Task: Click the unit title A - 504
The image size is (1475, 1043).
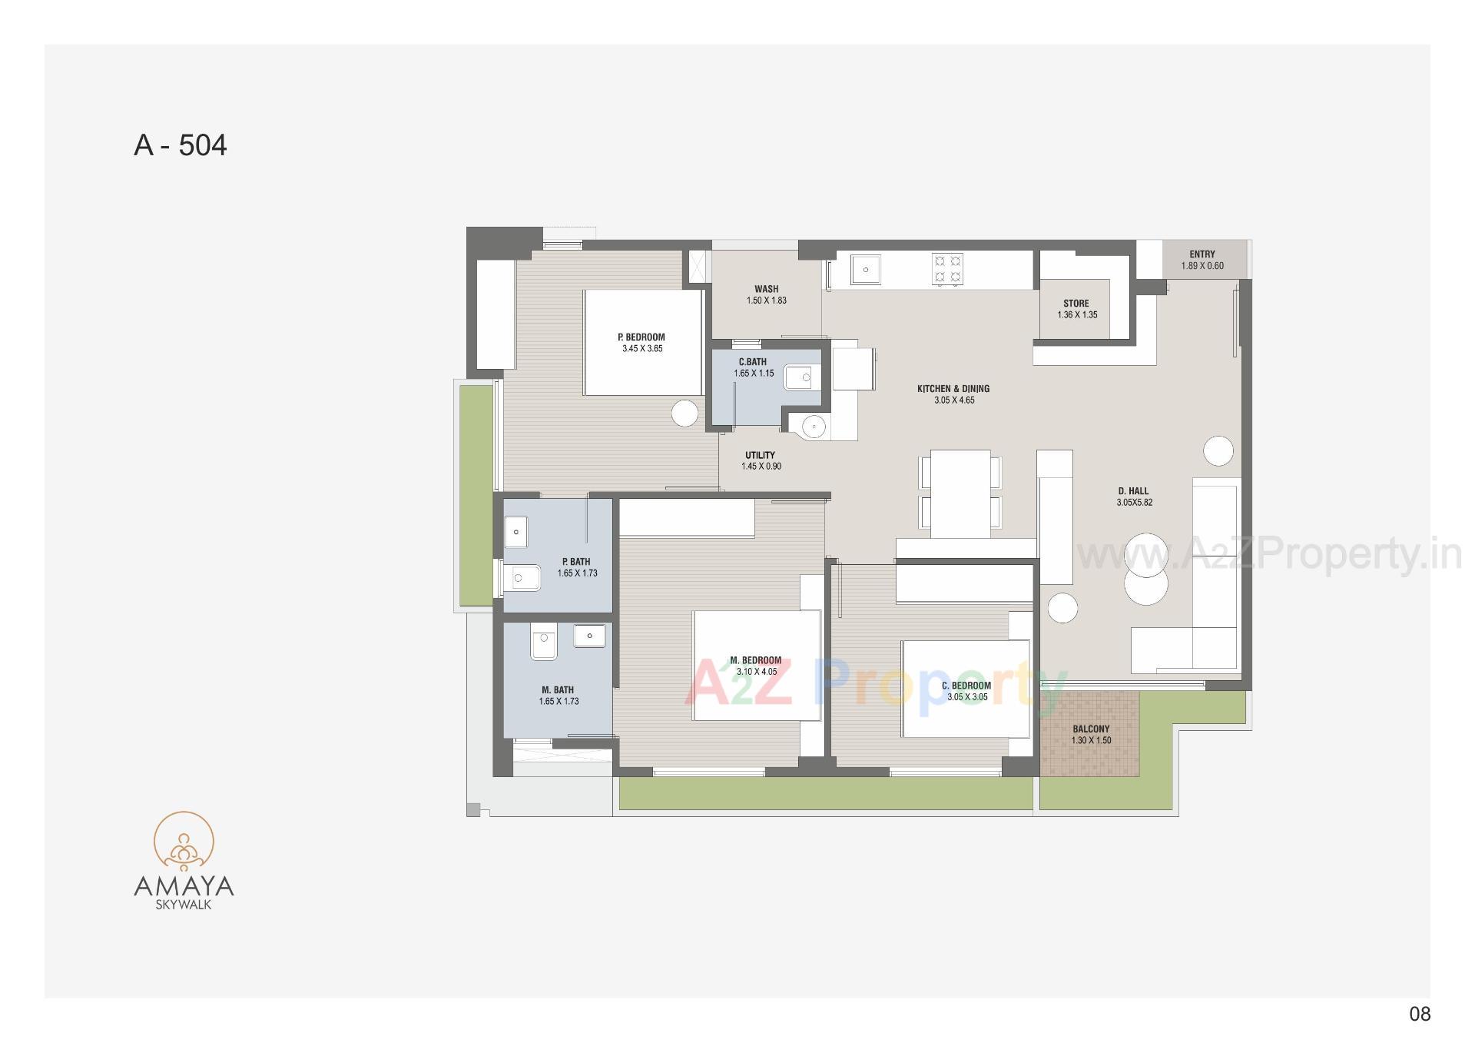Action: click(181, 145)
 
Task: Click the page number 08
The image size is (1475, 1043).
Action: click(1420, 1015)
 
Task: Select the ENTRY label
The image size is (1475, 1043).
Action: click(1202, 254)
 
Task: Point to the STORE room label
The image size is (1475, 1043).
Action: click(1076, 304)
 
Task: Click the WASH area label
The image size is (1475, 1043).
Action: click(766, 290)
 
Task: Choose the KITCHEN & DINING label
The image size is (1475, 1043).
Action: click(953, 389)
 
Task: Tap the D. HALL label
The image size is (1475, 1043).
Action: click(1134, 491)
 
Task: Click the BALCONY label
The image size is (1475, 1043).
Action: click(1091, 729)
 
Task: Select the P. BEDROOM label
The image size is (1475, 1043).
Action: click(641, 337)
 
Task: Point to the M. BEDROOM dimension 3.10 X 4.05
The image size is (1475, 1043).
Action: click(757, 672)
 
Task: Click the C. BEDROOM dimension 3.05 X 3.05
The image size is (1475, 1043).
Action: click(967, 697)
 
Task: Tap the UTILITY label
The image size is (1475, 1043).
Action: click(760, 455)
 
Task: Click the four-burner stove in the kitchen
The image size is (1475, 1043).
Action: click(947, 269)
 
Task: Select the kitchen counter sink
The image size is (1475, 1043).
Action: click(866, 270)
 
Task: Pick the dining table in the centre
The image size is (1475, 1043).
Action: click(960, 493)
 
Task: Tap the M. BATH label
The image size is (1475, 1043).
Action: click(558, 690)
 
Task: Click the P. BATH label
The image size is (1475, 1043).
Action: click(576, 562)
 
